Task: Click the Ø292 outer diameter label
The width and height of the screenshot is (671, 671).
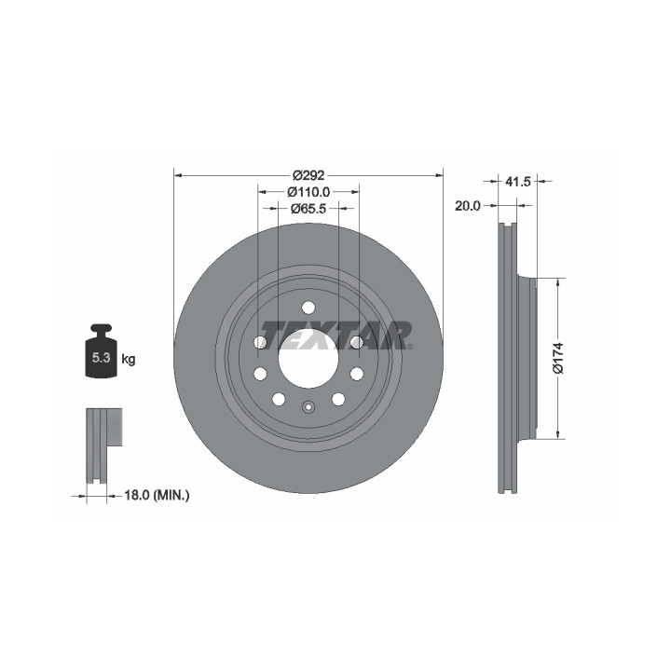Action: (308, 175)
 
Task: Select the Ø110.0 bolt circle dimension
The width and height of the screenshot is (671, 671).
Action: (308, 192)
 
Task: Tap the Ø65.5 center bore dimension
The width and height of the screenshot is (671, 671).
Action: (308, 209)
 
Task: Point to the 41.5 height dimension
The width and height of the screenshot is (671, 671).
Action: (518, 182)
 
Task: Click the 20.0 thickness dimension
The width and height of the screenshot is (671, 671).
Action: (468, 206)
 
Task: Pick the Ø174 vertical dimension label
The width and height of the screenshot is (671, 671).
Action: (558, 358)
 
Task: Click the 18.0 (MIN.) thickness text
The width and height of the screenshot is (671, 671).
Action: (157, 496)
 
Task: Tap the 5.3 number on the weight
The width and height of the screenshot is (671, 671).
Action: (102, 357)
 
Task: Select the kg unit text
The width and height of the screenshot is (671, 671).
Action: (129, 359)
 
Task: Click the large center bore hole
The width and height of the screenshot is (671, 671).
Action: (308, 358)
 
